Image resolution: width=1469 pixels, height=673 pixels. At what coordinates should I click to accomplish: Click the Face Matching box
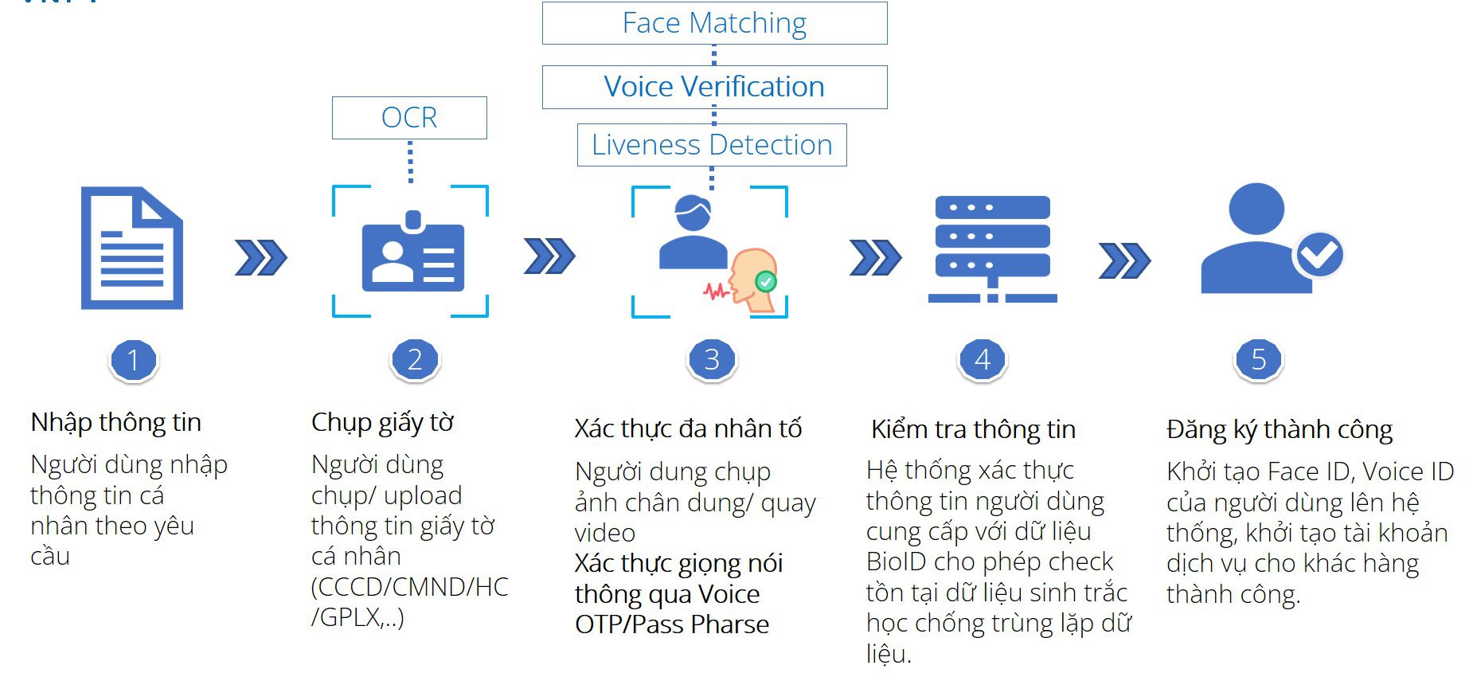[714, 23]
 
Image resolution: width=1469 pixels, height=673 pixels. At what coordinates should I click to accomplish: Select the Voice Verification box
[714, 87]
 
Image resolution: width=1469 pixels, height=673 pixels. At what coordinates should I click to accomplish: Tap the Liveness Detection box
[712, 145]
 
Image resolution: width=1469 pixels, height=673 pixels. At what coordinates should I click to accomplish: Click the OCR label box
[409, 118]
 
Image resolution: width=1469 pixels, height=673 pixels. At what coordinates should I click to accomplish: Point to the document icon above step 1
[132, 248]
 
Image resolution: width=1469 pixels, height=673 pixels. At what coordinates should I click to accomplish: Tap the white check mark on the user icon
[1319, 254]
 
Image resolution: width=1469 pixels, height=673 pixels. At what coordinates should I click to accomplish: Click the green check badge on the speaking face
[765, 280]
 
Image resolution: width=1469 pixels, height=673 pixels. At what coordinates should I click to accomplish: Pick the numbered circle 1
[134, 360]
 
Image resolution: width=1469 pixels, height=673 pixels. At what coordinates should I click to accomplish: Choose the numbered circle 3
[712, 360]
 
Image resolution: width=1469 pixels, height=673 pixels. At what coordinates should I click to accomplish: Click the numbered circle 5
[1258, 360]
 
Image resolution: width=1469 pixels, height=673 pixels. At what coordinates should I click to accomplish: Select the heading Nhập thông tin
[116, 422]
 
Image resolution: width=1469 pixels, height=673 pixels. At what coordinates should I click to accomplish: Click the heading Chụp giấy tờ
[382, 422]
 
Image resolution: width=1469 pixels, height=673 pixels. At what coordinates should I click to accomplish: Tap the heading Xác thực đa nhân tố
[688, 428]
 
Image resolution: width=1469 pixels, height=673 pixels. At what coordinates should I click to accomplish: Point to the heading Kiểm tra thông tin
[973, 429]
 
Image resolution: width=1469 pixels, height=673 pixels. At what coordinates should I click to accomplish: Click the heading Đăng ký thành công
[1280, 429]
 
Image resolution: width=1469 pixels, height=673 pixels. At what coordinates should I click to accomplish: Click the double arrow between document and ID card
[260, 257]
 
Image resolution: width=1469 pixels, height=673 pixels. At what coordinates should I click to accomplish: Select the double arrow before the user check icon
[1123, 260]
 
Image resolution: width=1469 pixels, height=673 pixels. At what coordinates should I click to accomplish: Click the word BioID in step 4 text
[897, 561]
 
